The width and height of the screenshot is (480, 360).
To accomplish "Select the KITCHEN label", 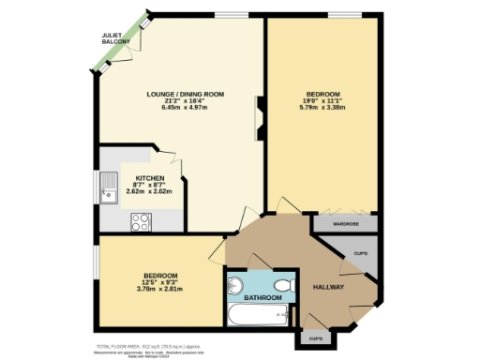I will [x=150, y=178].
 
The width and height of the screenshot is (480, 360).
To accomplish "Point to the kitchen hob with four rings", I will [x=142, y=222].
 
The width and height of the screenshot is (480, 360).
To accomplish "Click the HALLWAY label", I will [x=328, y=287].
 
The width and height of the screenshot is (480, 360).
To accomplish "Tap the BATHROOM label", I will [x=263, y=298].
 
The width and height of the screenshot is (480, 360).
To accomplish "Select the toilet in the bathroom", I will [x=282, y=283].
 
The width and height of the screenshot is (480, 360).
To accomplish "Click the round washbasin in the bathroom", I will [x=234, y=284].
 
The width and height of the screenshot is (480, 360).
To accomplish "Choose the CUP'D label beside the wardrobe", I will [x=360, y=254].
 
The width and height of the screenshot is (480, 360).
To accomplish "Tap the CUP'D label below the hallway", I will [x=315, y=337].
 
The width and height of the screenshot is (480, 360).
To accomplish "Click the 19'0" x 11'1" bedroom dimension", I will [x=324, y=101].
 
